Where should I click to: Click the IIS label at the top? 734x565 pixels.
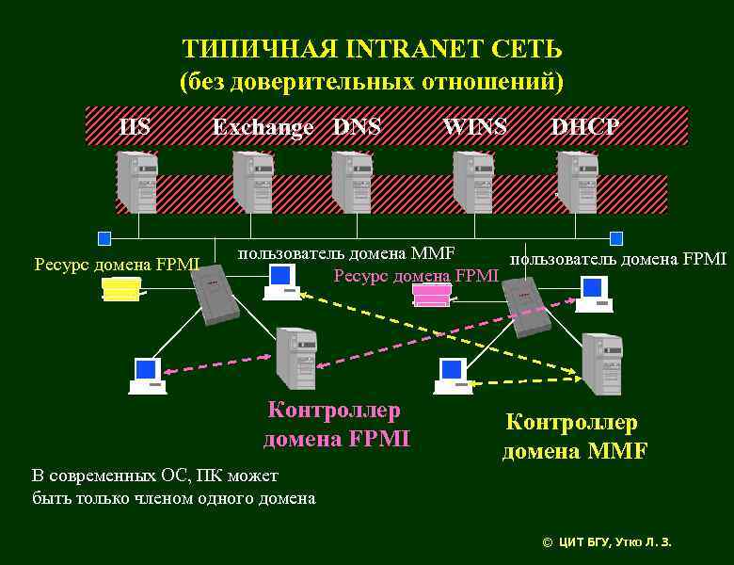pos(136,126)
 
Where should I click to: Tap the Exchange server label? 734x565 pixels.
pos(263,127)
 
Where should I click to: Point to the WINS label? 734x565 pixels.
pos(474,126)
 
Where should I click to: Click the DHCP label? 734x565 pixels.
pos(584,126)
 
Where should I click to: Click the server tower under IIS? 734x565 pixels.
pos(137,182)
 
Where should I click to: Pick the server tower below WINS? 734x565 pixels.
pos(472,182)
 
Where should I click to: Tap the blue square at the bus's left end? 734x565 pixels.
pos(104,238)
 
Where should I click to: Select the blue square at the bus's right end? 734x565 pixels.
pos(616,238)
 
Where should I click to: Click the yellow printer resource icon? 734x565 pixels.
pos(122,290)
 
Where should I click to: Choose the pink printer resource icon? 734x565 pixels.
pos(433,296)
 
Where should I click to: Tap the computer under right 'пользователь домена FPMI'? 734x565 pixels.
pos(595,294)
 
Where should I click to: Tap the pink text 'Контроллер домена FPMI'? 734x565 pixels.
pos(336,425)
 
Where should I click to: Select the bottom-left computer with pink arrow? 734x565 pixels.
pos(147,375)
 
